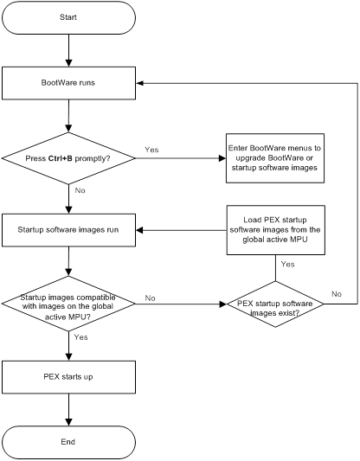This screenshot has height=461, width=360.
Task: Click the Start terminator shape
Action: click(68, 17)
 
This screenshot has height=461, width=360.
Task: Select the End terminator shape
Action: click(68, 442)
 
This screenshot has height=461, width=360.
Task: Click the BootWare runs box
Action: click(68, 83)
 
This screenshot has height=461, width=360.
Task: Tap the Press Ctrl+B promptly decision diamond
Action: click(68, 158)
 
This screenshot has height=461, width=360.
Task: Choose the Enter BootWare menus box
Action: click(275, 158)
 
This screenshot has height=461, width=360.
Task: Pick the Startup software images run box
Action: click(68, 230)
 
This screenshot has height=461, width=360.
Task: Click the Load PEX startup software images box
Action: click(275, 230)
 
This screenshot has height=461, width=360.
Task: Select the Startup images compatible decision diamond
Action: click(68, 304)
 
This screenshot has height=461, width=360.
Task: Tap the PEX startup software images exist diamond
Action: click(275, 304)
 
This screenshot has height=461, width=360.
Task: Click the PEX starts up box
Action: click(68, 377)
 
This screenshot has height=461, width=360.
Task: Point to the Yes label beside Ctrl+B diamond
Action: click(151, 150)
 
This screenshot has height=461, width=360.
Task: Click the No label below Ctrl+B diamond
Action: click(80, 190)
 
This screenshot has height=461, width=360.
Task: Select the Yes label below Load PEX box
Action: click(287, 265)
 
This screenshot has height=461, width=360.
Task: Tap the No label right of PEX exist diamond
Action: click(337, 294)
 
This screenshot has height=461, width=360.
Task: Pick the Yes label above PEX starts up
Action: click(80, 337)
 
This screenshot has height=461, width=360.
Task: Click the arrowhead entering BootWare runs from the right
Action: click(139, 83)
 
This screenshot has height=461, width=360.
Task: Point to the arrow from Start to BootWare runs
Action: click(68, 50)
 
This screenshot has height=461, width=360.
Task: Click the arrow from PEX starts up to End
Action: click(68, 410)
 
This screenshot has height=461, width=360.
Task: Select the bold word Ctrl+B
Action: click(61, 158)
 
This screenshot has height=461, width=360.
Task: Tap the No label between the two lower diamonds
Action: click(150, 298)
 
